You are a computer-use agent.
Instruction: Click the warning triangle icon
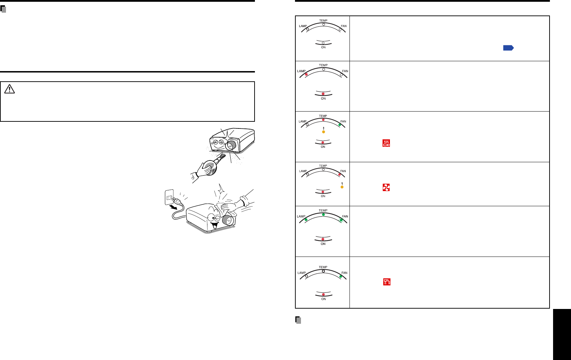coord(9,89)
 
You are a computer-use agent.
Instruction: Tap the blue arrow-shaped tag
coord(508,48)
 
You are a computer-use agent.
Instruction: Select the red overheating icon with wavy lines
coord(386,143)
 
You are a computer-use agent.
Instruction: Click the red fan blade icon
coord(386,188)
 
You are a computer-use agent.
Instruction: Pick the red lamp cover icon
coord(387,282)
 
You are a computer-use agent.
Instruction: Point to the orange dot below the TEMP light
coord(323,132)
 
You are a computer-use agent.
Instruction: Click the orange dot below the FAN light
coord(342,187)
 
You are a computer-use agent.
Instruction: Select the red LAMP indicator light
coord(306,75)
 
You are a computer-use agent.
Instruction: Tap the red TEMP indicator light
coord(323,120)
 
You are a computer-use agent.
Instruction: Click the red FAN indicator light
coord(340,175)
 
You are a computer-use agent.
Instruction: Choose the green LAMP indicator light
coord(306,220)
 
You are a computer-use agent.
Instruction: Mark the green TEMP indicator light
coord(323,215)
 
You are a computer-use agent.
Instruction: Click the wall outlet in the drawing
coord(169,197)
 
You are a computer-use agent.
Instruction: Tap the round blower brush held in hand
coord(211,168)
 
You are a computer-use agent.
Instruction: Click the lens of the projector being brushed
coord(231,145)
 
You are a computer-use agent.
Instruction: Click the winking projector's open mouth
coord(214,225)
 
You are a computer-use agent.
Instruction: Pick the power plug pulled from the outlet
coord(178,201)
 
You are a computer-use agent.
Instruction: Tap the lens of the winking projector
coord(228,220)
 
